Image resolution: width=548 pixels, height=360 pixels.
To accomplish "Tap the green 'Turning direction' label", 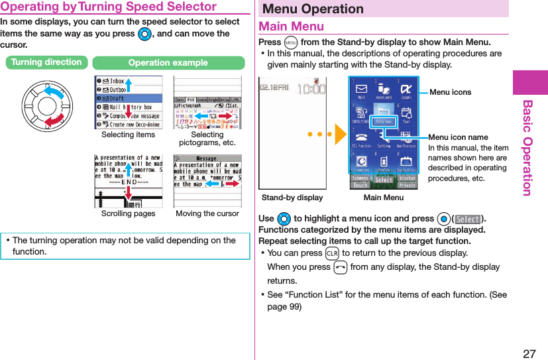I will [46, 62].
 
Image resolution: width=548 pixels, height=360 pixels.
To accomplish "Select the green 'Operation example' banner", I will [168, 63].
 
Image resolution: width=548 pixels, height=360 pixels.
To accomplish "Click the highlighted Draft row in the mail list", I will [128, 98].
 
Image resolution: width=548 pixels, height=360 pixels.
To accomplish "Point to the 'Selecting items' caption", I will [128, 135].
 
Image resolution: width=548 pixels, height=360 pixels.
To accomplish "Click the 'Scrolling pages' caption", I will [128, 213].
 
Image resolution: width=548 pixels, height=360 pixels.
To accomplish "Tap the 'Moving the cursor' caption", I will [207, 213].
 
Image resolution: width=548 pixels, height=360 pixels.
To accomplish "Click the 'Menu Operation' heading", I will [313, 9].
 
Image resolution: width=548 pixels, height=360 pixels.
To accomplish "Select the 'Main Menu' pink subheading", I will [292, 27].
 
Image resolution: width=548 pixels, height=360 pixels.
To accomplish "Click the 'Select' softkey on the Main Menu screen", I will [383, 180].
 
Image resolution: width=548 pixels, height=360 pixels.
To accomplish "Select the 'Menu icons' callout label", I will [451, 92].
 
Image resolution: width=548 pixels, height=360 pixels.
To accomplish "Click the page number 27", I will [529, 353].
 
